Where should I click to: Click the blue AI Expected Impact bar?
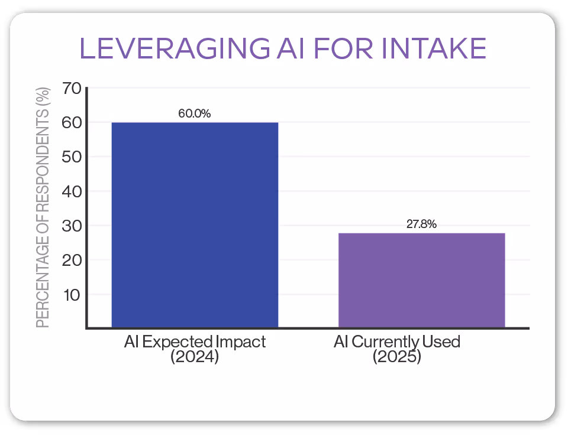[x=195, y=224]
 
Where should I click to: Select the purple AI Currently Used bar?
[x=421, y=280]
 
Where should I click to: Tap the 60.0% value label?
[x=195, y=114]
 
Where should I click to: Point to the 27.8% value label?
[x=421, y=224]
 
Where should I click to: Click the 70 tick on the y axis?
[x=70, y=89]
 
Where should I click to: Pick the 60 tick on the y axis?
[x=70, y=123]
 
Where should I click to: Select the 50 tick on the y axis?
[x=70, y=157]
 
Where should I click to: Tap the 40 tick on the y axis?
[x=70, y=191]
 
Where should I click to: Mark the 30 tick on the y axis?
[x=70, y=226]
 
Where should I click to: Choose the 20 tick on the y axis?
[x=70, y=260]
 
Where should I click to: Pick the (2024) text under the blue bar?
[x=195, y=357]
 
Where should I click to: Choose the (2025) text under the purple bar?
[x=397, y=357]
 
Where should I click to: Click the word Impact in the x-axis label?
[x=240, y=342]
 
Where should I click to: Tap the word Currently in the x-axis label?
[x=387, y=342]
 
